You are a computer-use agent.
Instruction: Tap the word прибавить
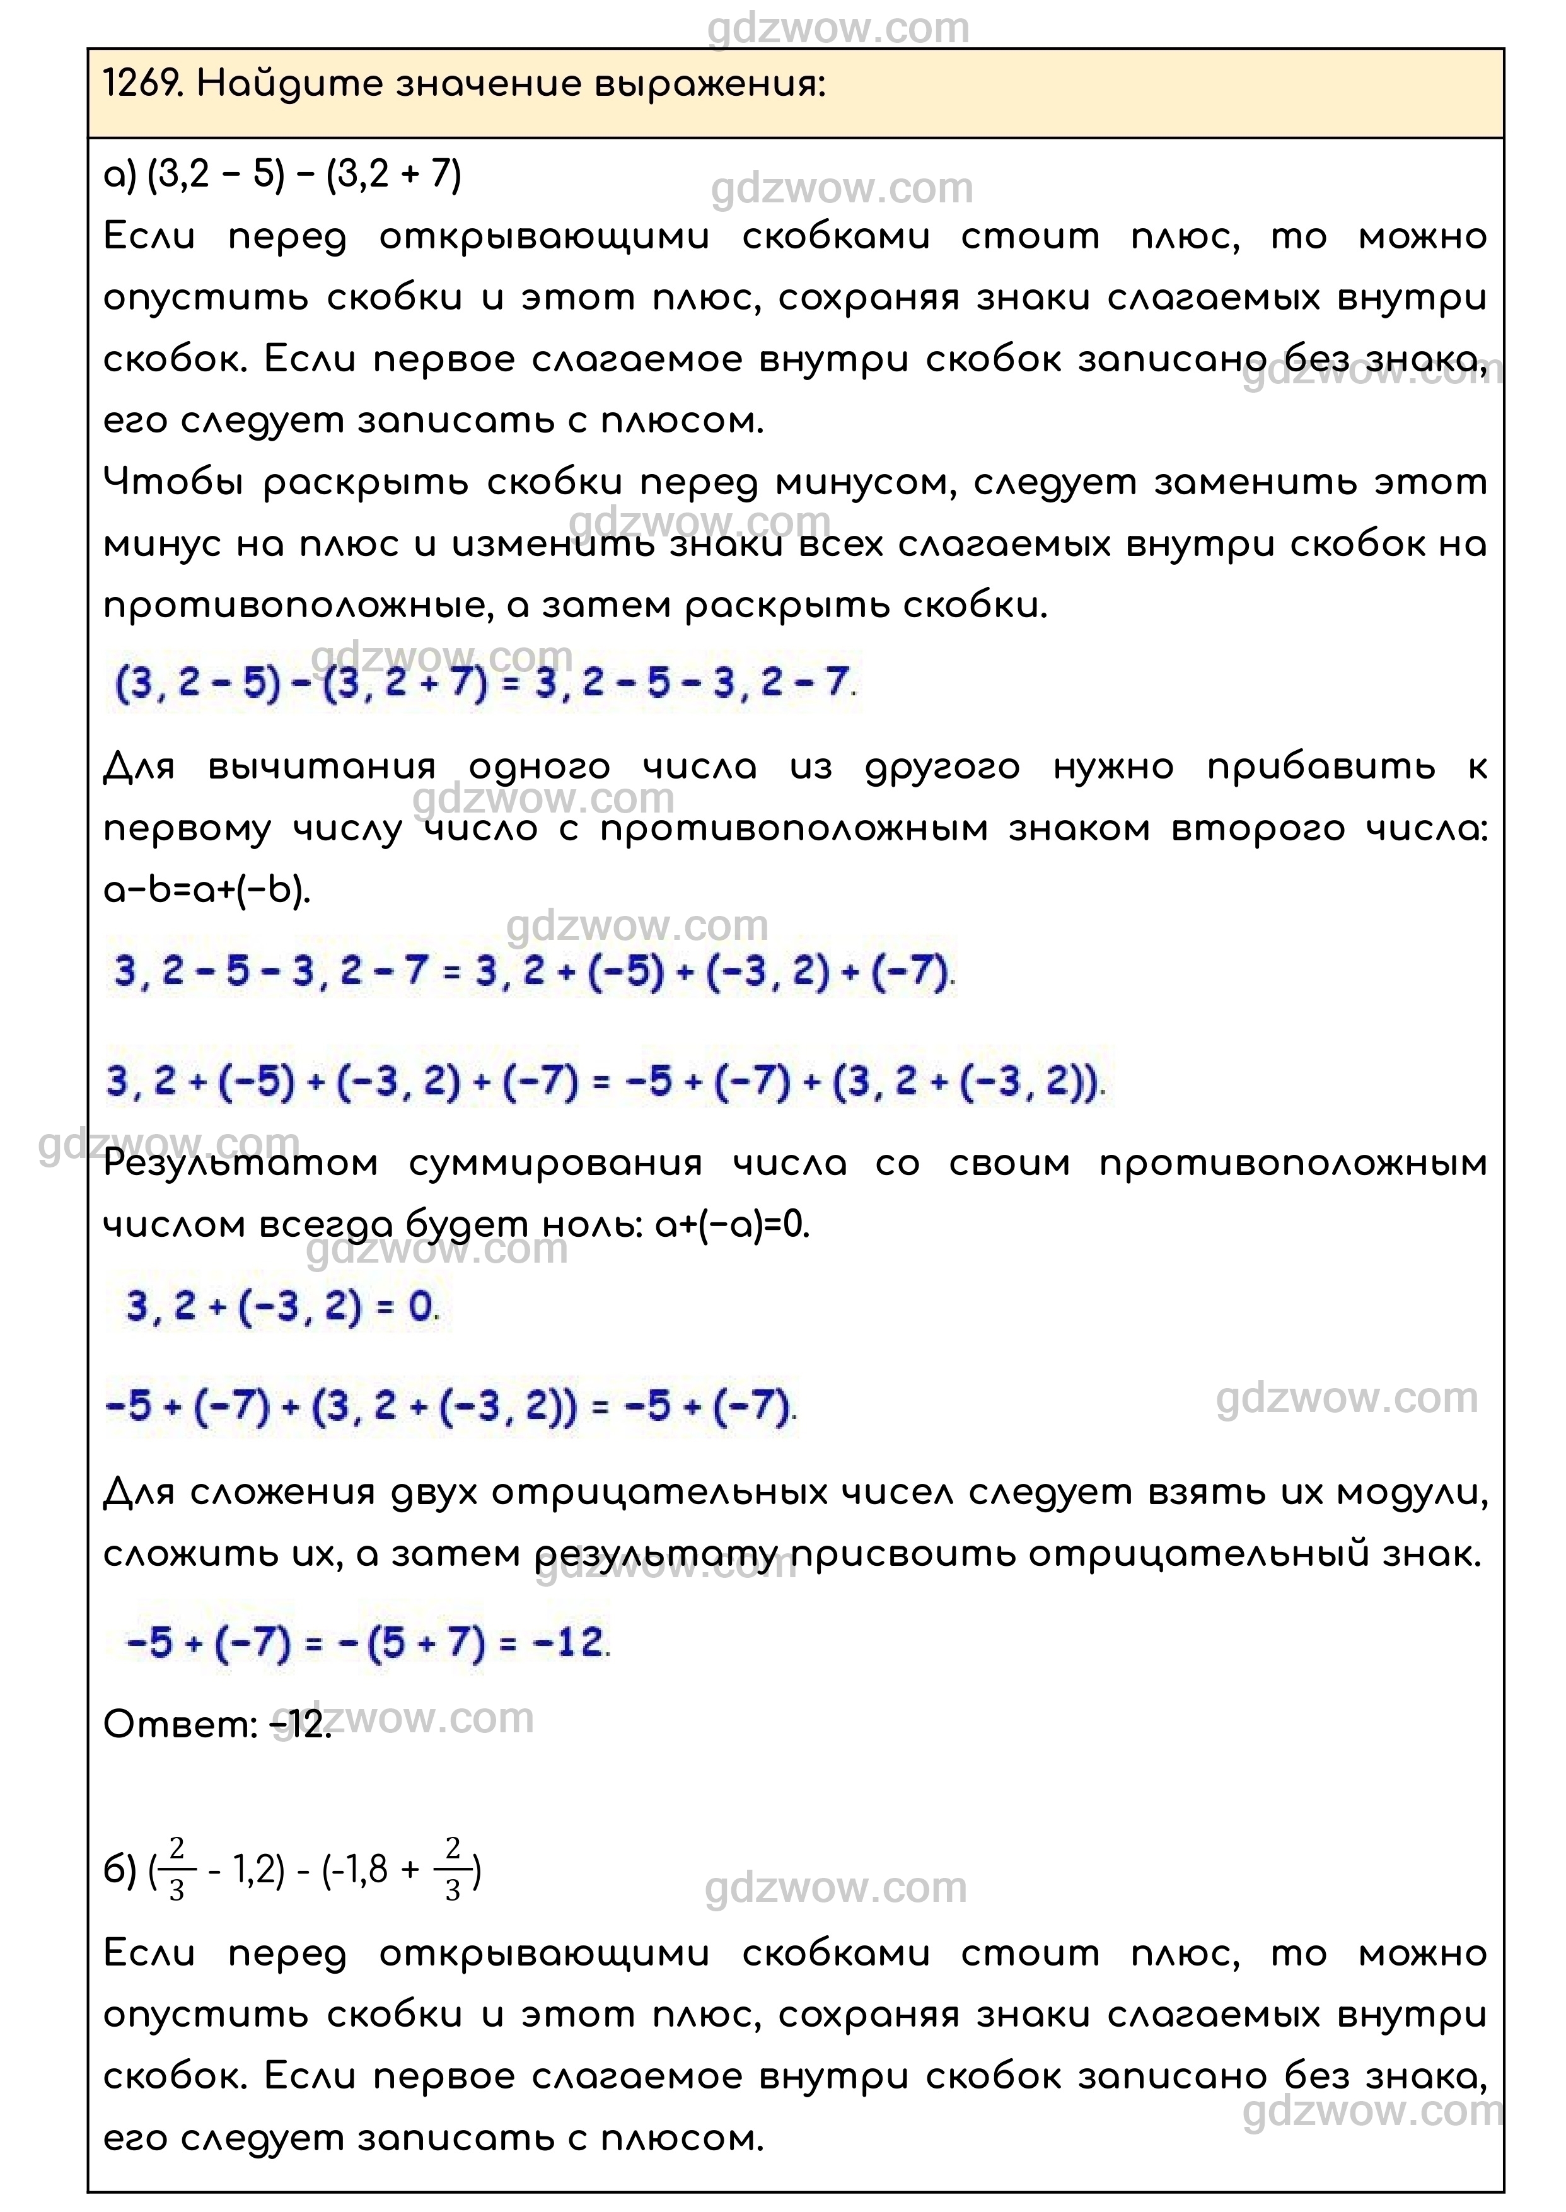1321,768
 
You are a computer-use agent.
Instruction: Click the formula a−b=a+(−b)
207,890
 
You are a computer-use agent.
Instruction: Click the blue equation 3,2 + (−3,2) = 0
281,1307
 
